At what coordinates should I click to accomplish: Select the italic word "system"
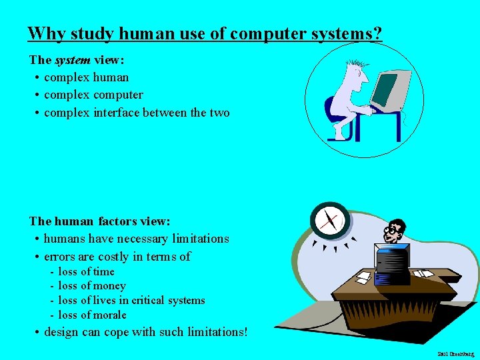click(73, 60)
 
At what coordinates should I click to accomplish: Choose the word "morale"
click(109, 315)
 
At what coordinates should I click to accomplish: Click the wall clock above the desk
click(330, 221)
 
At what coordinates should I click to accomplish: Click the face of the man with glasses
click(395, 232)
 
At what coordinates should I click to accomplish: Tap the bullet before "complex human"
click(35, 77)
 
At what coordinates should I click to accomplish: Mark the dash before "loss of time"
click(52, 272)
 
